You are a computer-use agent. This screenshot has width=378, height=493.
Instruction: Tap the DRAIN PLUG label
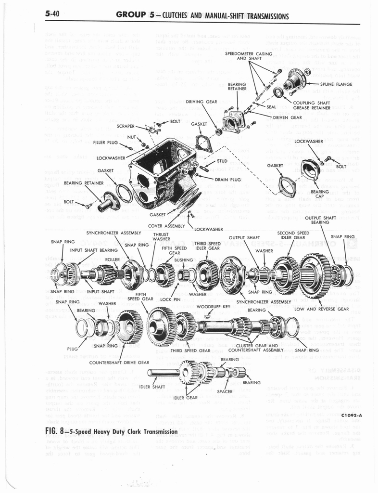pyautogui.click(x=227, y=180)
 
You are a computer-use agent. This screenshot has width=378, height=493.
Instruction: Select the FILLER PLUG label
pyautogui.click(x=105, y=143)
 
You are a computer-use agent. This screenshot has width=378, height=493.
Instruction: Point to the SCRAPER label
pyautogui.click(x=128, y=126)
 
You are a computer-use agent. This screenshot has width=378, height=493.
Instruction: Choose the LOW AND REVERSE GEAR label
pyautogui.click(x=321, y=309)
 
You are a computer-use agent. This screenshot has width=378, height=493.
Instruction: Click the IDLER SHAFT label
pyautogui.click(x=150, y=387)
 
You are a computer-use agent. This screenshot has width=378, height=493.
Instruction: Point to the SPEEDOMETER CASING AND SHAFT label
pyautogui.click(x=248, y=55)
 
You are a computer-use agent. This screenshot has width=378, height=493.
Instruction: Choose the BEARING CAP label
pyautogui.click(x=319, y=194)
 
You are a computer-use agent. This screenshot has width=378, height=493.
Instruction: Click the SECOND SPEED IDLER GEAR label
pyautogui.click(x=293, y=235)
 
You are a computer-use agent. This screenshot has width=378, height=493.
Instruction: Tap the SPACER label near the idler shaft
pyautogui.click(x=225, y=391)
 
